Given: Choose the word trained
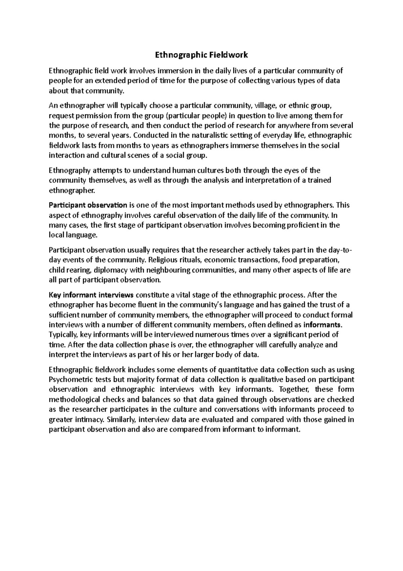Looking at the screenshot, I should pyautogui.click(x=320, y=180).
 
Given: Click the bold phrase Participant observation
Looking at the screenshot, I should pyautogui.click(x=88, y=205).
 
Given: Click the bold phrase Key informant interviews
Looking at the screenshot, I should pyautogui.click(x=91, y=295).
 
